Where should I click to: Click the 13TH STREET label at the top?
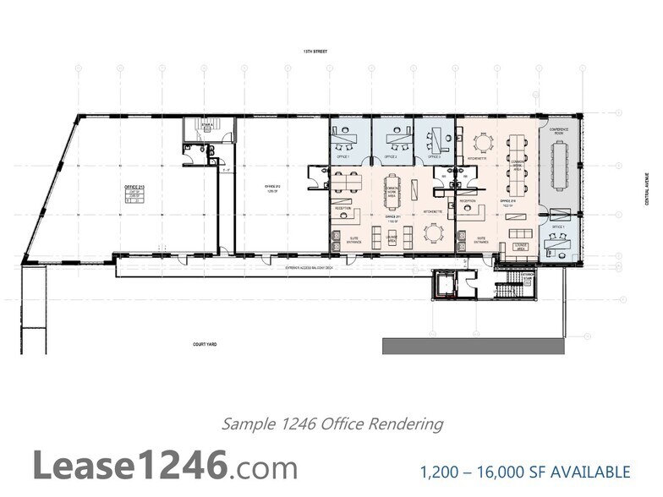pyautogui.click(x=315, y=51)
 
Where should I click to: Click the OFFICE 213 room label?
pyautogui.click(x=132, y=188)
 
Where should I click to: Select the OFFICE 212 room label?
pyautogui.click(x=272, y=187)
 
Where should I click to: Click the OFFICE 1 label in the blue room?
pyautogui.click(x=343, y=157)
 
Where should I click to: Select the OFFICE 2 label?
pyautogui.click(x=391, y=157)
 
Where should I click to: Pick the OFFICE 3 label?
pyautogui.click(x=434, y=157)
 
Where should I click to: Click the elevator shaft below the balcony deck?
pyautogui.click(x=443, y=285)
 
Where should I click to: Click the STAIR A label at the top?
pyautogui.click(x=205, y=123)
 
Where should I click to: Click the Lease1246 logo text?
pyautogui.click(x=165, y=466)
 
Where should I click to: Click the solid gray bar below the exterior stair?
pyautogui.click(x=473, y=346)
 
